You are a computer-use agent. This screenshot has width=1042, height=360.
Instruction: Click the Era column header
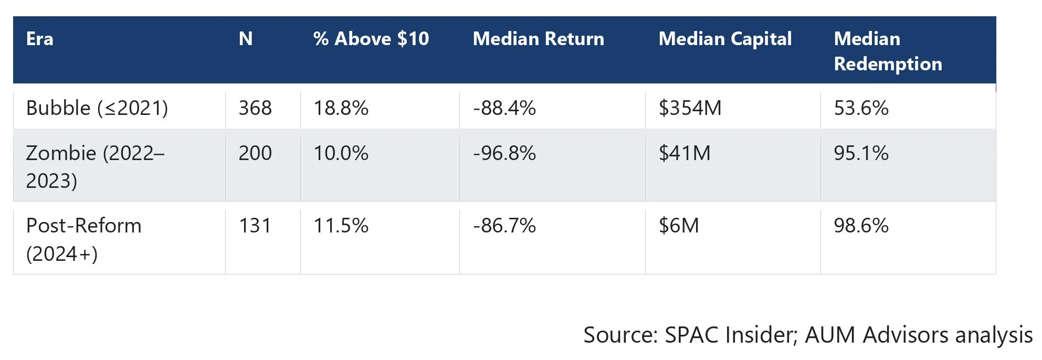pyautogui.click(x=40, y=39)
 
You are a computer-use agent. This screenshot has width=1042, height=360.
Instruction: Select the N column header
pyautogui.click(x=246, y=39)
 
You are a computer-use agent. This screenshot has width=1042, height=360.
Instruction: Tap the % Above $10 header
pyautogui.click(x=371, y=39)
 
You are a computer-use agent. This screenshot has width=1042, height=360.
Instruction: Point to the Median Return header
pyautogui.click(x=539, y=39)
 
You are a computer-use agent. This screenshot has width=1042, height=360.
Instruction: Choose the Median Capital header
pyautogui.click(x=725, y=39)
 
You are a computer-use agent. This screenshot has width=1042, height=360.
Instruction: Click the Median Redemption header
pyautogui.click(x=888, y=51)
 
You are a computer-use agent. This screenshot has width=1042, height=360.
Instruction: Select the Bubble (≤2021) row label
pyautogui.click(x=97, y=108)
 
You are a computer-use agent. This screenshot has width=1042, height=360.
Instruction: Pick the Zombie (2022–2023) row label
pyautogui.click(x=95, y=167)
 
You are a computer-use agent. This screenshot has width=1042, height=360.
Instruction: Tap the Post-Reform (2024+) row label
pyautogui.click(x=84, y=240)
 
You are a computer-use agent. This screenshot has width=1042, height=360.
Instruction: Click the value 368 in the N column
pyautogui.click(x=255, y=108)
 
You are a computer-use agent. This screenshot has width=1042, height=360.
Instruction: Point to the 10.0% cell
pyautogui.click(x=341, y=153)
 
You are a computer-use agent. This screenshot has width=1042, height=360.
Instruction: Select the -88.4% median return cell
pyautogui.click(x=504, y=108)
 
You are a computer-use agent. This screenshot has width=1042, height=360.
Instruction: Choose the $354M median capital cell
pyautogui.click(x=690, y=108)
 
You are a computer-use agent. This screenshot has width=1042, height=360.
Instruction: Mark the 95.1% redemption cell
pyautogui.click(x=861, y=153)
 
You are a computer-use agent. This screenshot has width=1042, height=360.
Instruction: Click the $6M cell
pyautogui.click(x=679, y=226)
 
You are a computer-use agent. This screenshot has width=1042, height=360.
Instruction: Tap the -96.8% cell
pyautogui.click(x=504, y=153)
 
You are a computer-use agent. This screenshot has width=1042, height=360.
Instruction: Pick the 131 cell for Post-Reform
pyautogui.click(x=255, y=226)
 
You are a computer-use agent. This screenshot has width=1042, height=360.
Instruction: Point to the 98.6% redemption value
pyautogui.click(x=861, y=226)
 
